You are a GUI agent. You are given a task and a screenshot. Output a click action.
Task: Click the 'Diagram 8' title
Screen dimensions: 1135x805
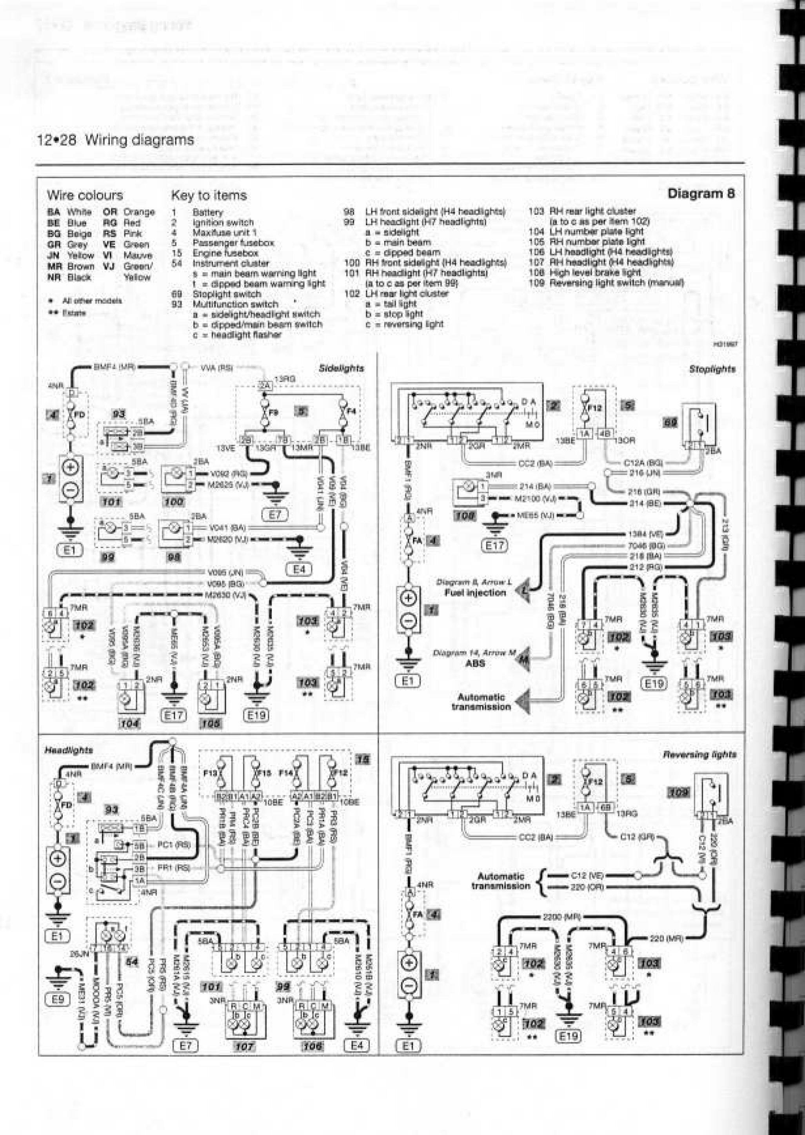coord(701,193)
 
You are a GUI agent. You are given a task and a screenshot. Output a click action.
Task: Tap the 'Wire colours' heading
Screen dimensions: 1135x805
coord(85,195)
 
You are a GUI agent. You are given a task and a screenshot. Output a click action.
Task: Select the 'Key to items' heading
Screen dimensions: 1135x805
coord(209,195)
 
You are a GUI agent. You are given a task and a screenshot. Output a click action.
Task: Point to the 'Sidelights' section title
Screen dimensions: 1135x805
coord(342,368)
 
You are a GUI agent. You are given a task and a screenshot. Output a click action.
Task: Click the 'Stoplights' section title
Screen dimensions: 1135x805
coord(712,370)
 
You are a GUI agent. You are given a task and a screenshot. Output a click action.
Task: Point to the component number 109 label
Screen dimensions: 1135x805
coord(678,793)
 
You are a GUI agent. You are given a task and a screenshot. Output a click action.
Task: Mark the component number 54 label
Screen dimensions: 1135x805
coord(132,962)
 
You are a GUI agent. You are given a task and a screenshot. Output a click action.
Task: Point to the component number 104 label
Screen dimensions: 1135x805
coord(130,723)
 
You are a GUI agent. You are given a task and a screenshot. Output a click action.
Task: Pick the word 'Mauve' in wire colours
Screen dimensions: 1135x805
coord(137,255)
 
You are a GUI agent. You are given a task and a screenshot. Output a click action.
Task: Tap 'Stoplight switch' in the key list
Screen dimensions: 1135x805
coord(227,294)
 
